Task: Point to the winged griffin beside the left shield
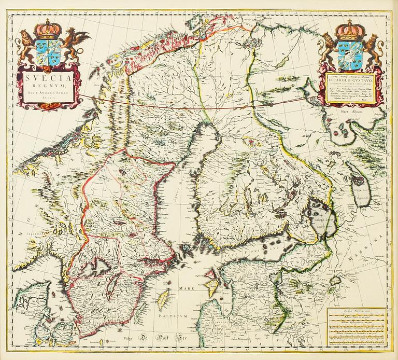pyautogui.click(x=74, y=43)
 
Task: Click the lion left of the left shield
pyautogui.click(x=24, y=46)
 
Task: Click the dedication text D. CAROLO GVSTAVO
pyautogui.click(x=351, y=81)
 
